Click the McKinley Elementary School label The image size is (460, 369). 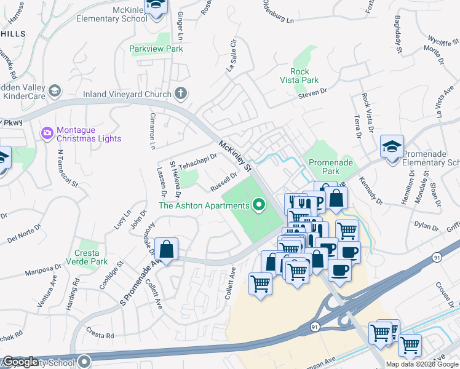[x=112, y=14]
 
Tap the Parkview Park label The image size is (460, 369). [x=156, y=49]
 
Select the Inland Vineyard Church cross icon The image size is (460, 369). [x=180, y=93]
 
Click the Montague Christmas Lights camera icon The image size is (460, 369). [x=47, y=133]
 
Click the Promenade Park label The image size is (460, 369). [x=332, y=166]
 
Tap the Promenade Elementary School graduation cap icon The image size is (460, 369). [x=392, y=147]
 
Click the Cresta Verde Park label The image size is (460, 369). [x=91, y=257]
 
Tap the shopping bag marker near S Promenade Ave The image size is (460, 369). [x=167, y=250]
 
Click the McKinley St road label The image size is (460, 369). [x=235, y=156]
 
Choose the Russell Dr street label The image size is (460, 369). [x=223, y=181]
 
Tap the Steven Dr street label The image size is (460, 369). [x=311, y=94]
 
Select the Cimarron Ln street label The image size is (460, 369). [x=153, y=131]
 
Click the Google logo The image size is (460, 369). [x=20, y=362]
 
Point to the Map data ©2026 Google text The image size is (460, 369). [x=422, y=364]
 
